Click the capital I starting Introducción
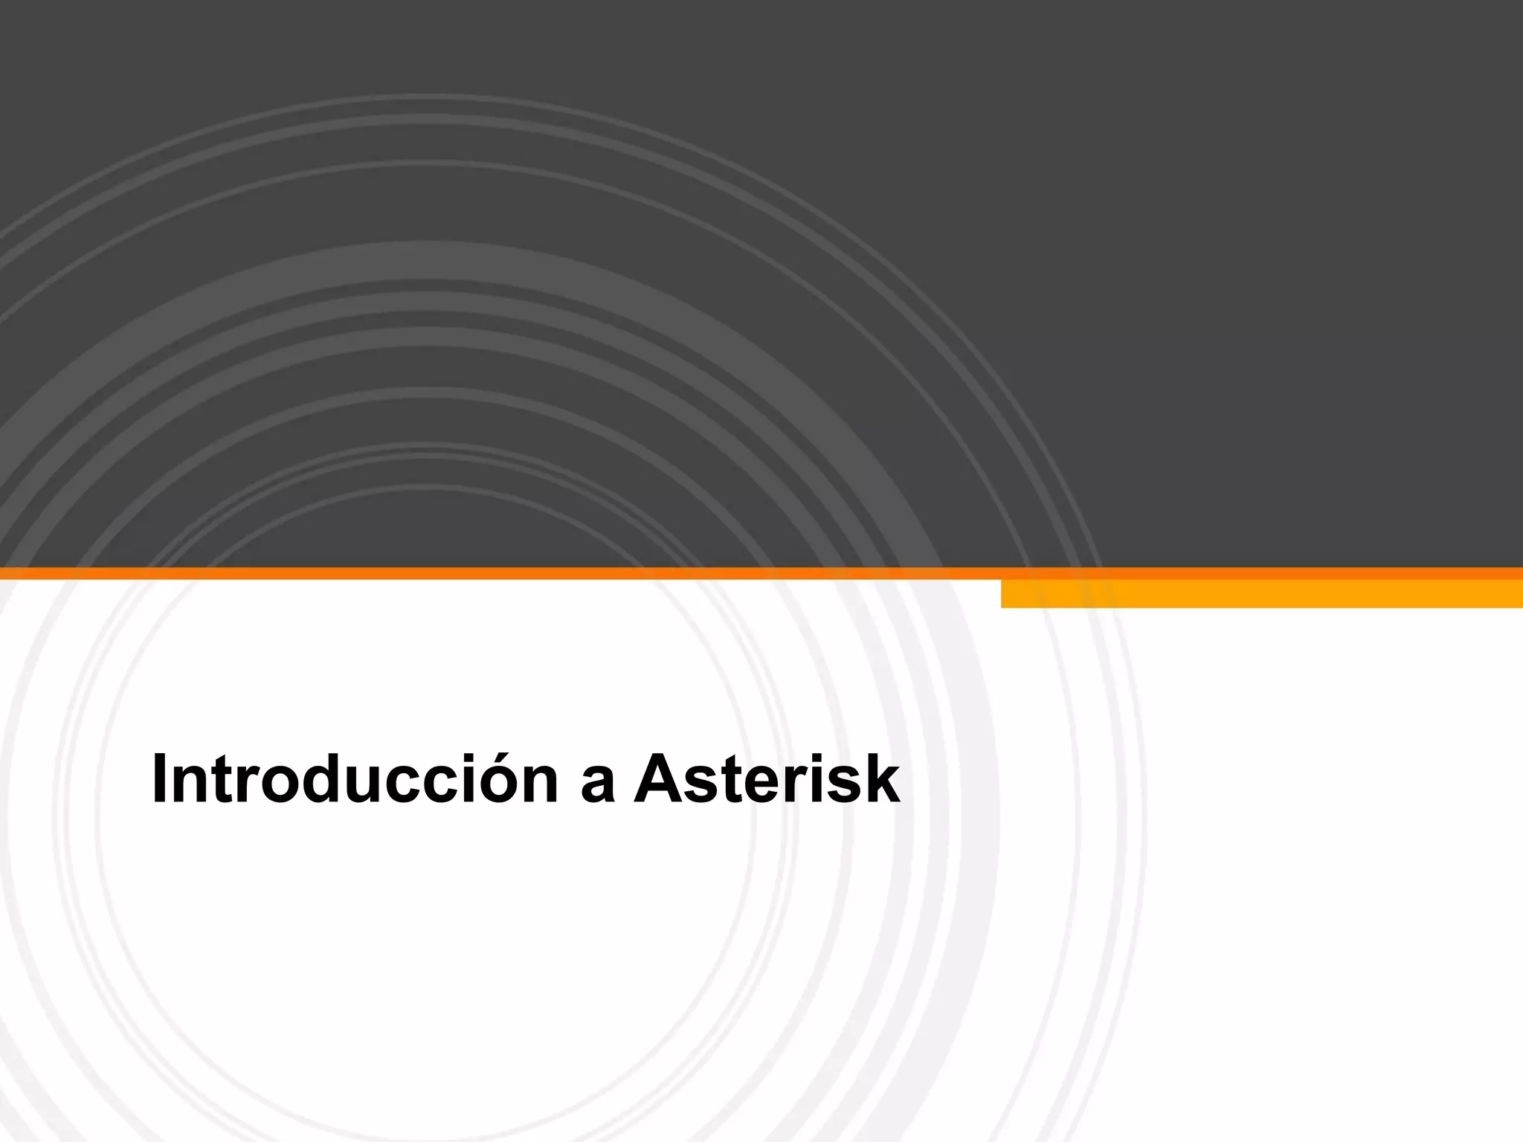(x=157, y=780)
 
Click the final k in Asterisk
(x=882, y=780)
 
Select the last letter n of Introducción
(x=541, y=787)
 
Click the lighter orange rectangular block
(x=1261, y=594)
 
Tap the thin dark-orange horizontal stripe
(x=498, y=573)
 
